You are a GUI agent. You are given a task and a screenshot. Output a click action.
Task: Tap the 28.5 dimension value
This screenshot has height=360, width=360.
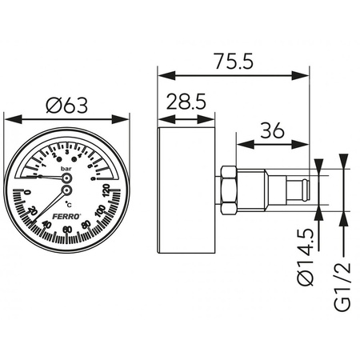[x=187, y=102]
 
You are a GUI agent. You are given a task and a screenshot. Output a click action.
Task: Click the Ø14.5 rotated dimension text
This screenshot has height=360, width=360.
[x=305, y=258]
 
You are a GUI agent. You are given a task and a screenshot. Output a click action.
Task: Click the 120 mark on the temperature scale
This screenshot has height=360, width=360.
[x=106, y=190]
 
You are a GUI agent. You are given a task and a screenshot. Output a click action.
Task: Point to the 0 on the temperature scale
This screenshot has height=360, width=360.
[x=26, y=193]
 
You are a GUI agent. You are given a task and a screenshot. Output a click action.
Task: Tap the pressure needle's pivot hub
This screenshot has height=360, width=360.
[x=66, y=179]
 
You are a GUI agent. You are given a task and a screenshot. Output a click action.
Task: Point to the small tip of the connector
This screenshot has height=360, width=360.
[x=306, y=190]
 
